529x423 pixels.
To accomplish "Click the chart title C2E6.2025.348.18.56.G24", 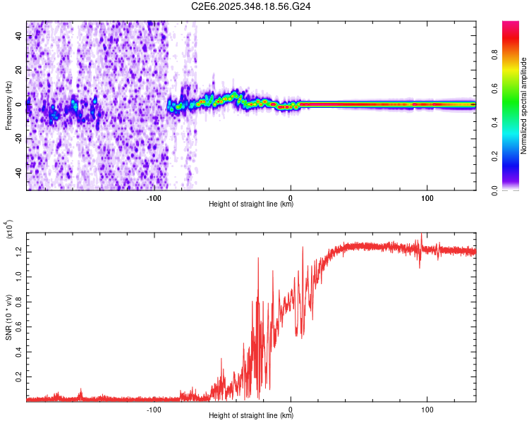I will [251, 7].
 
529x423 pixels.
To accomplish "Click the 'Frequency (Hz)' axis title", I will [8, 106].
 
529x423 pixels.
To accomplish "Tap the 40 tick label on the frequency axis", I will [18, 37].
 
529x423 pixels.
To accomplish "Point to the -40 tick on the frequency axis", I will [18, 173].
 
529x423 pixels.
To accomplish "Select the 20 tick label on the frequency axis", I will [18, 70].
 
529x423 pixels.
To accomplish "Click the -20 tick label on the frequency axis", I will [18, 139].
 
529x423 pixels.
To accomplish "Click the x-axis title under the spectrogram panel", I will [251, 204].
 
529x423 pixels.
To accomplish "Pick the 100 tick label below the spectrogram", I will [427, 197].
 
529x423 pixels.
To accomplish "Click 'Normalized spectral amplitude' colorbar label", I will [523, 106].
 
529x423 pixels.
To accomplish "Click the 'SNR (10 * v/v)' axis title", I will [9, 317].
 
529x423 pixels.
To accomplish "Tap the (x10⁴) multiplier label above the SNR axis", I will [9, 229].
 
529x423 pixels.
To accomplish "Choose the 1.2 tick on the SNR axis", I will [18, 251].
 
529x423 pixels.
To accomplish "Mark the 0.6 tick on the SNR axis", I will [18, 327].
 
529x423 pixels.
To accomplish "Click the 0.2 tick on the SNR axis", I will [18, 378].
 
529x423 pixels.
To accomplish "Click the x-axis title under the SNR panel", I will [251, 416].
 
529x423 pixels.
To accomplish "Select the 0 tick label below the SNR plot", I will [291, 408].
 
